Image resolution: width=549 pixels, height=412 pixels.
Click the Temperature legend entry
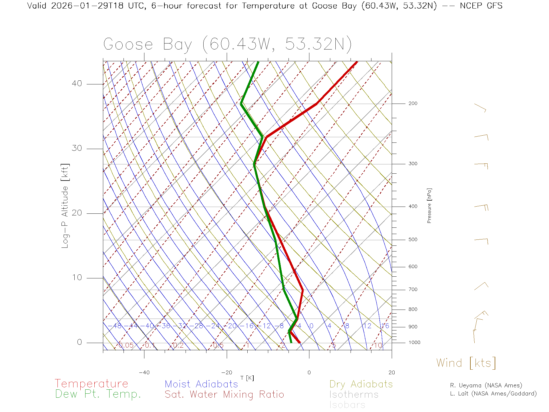click(x=91, y=383)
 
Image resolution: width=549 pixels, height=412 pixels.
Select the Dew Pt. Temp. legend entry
click(x=98, y=394)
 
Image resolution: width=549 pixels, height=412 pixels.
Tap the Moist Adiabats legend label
click(x=201, y=384)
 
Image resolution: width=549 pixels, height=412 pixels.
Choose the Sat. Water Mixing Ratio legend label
click(x=224, y=395)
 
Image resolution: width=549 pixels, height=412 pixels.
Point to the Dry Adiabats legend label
click(x=361, y=384)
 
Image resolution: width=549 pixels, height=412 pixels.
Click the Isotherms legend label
click(x=354, y=395)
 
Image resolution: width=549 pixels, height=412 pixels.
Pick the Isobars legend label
click(x=347, y=405)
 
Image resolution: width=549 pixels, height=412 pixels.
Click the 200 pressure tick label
click(x=413, y=104)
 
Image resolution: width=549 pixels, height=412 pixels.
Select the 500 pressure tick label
click(x=413, y=240)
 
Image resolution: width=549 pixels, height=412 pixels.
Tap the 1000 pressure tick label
click(x=414, y=342)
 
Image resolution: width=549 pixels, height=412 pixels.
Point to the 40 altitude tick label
click(x=77, y=84)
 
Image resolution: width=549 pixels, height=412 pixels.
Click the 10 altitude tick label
click(x=77, y=278)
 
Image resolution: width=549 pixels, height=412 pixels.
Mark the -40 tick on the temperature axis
click(x=144, y=373)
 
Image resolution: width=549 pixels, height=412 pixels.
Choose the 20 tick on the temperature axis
click(x=391, y=373)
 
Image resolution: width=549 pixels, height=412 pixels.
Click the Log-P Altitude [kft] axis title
click(x=65, y=206)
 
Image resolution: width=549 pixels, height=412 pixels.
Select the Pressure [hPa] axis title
click(x=429, y=206)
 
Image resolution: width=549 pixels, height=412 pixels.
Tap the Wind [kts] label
click(x=466, y=363)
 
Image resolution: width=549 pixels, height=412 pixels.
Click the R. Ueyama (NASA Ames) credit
click(x=486, y=385)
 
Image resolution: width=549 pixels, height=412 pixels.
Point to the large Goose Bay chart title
click(x=227, y=44)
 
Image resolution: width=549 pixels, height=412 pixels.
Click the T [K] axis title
click(x=247, y=378)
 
